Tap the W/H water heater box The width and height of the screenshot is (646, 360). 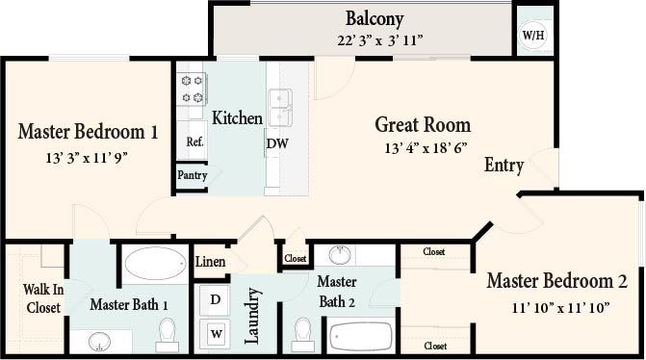(x=532, y=37)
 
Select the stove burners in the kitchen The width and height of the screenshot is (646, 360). (x=192, y=90)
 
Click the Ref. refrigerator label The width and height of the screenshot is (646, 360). (x=195, y=141)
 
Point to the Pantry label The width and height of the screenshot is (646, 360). (x=191, y=176)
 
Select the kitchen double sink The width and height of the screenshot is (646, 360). (x=279, y=107)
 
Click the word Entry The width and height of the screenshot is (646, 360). (x=504, y=166)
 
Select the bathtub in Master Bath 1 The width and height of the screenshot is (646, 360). (x=154, y=264)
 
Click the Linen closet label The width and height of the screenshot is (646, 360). (x=211, y=262)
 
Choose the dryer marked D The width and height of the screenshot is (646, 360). (x=216, y=299)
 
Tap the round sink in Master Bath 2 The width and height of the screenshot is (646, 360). (x=340, y=255)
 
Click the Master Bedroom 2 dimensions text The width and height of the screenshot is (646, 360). (x=557, y=308)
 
